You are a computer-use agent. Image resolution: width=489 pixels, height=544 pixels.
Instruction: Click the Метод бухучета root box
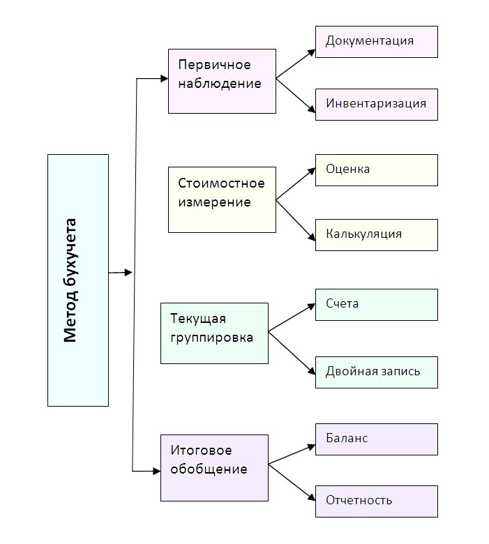coord(78,280)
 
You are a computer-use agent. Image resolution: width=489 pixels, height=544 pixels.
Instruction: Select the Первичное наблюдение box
coord(222,81)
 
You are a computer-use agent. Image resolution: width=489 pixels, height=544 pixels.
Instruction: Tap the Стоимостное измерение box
coord(222,199)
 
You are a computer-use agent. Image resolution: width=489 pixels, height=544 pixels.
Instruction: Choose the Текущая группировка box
coord(214,333)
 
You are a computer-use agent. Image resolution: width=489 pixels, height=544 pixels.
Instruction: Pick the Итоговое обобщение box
coord(214,467)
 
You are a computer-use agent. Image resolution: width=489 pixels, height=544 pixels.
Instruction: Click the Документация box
coord(376,41)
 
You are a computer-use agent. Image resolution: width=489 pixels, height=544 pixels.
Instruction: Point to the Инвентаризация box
coord(376,104)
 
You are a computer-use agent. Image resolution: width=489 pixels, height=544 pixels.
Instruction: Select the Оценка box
coord(376,170)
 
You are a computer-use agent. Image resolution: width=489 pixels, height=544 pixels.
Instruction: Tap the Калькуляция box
coord(376,234)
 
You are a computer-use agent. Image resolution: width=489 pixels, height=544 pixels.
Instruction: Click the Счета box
coord(376,304)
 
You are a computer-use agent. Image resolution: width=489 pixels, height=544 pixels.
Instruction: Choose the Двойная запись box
coord(376,371)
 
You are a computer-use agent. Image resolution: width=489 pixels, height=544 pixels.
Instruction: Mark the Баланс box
coord(376,439)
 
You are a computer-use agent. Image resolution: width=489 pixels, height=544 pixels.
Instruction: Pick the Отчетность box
coord(376,501)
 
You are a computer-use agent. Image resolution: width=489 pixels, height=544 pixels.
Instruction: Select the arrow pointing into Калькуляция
coord(296,220)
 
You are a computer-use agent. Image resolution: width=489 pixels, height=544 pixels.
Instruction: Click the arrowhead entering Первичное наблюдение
coord(163,78)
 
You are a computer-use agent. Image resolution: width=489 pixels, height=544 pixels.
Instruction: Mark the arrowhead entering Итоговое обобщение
coord(156,472)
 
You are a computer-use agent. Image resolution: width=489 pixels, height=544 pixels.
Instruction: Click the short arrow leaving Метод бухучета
coord(120,273)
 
